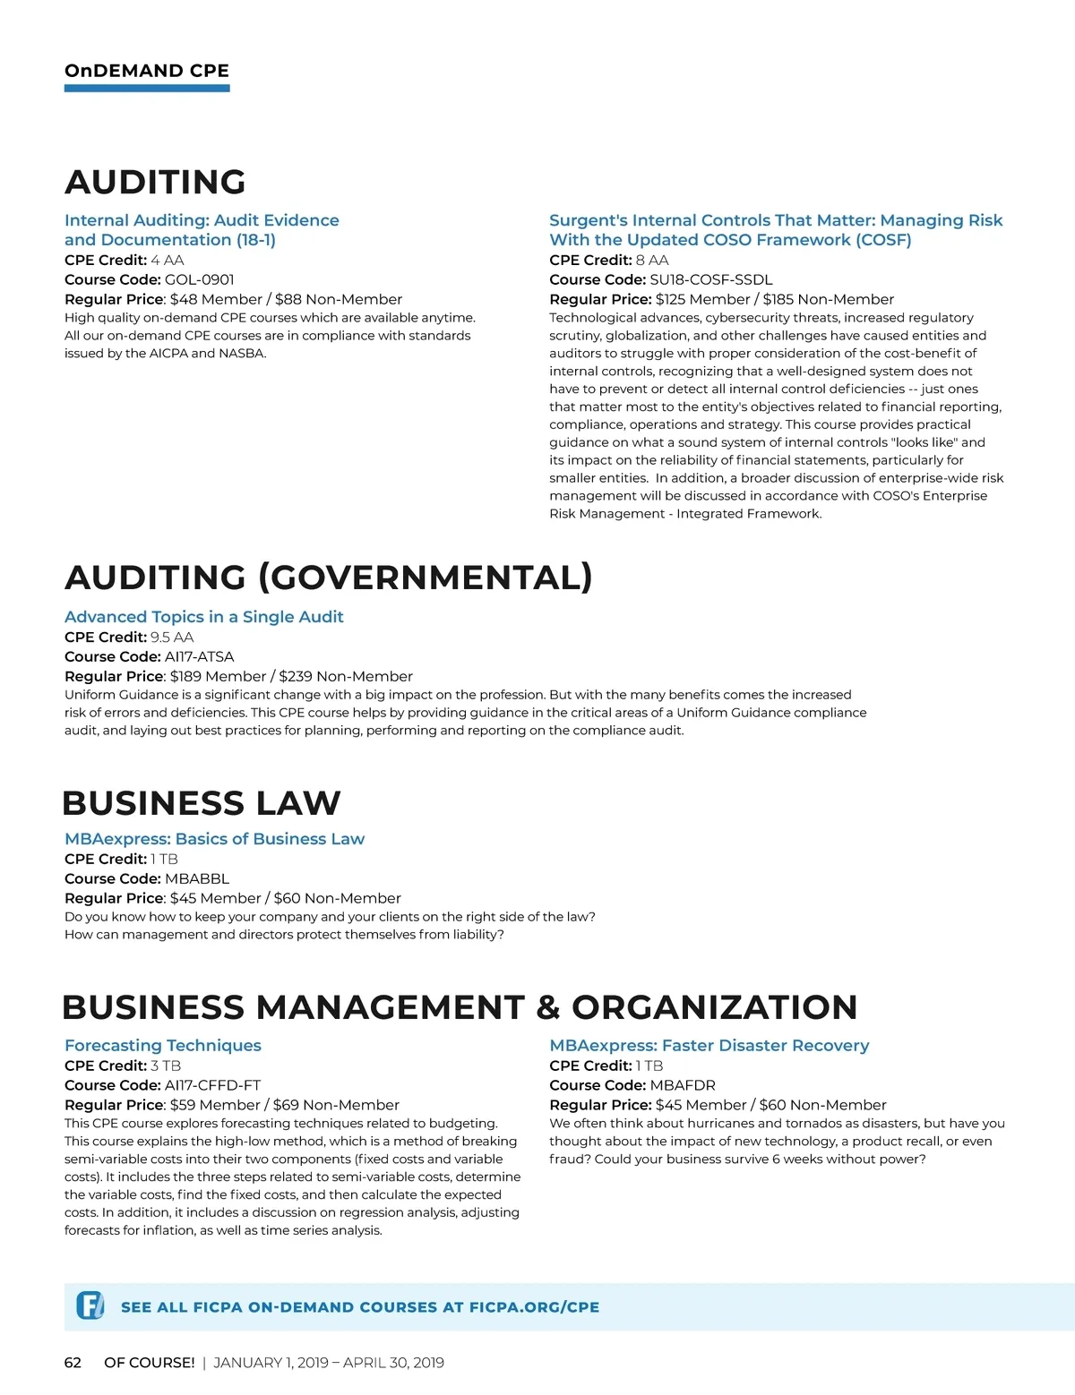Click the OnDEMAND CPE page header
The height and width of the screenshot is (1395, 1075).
(x=147, y=71)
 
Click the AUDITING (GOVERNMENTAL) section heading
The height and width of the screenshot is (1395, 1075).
(x=328, y=578)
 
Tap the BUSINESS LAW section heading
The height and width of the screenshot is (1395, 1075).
(x=202, y=803)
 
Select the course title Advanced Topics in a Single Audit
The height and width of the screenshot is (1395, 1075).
(x=204, y=617)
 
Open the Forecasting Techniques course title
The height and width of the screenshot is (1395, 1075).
(x=163, y=1046)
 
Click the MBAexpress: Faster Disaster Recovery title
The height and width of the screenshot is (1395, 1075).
(x=709, y=1046)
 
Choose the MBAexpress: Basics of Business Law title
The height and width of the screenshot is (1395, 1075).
(x=214, y=839)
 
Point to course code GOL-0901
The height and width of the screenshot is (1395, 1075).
(x=200, y=279)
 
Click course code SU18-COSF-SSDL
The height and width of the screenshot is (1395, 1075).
(x=711, y=279)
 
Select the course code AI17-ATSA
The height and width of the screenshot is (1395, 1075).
(x=200, y=656)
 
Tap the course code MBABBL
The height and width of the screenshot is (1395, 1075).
(x=197, y=878)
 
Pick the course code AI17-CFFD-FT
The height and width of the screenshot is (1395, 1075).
(x=213, y=1085)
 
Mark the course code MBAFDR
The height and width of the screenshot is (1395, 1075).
(x=683, y=1085)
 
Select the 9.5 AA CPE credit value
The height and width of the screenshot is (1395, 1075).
(x=172, y=637)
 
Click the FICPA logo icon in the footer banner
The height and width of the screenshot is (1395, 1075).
(x=90, y=1305)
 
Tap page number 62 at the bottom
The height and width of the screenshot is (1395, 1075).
(x=73, y=1363)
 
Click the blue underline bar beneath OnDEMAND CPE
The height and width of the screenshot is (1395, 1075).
(x=147, y=89)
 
